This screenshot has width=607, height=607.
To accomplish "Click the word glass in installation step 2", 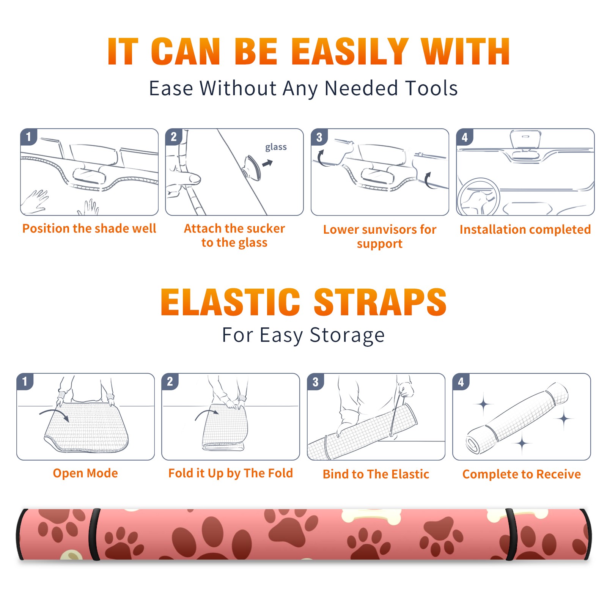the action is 276,147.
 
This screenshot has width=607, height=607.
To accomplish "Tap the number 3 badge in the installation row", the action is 319,137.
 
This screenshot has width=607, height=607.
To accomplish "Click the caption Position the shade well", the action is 89,228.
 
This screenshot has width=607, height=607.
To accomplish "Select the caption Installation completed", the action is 525,230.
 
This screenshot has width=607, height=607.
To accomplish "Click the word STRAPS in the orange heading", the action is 380,302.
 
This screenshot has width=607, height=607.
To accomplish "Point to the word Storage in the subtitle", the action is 347,335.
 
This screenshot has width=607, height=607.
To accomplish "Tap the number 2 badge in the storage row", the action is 170,381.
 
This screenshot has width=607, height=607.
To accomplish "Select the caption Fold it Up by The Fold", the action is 231,473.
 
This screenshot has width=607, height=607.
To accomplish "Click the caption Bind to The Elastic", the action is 376,474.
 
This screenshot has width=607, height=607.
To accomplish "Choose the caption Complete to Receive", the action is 522,474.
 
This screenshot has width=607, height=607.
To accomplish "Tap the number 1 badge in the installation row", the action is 28,137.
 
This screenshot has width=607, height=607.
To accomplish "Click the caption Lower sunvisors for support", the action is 380,236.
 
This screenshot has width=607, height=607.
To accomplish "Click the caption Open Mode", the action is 85,473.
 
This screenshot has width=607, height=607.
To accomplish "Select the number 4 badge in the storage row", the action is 461,382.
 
